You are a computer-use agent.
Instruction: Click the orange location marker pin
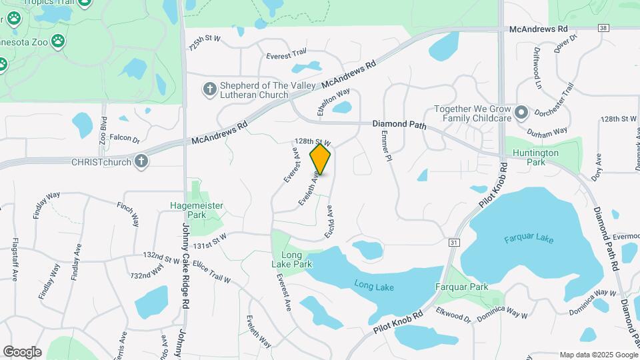pyautogui.click(x=321, y=159)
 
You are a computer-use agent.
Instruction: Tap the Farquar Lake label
pyautogui.click(x=529, y=239)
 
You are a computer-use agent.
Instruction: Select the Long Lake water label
pyautogui.click(x=375, y=287)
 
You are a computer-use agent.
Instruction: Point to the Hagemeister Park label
pyautogui.click(x=196, y=211)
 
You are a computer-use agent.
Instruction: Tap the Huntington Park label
pyautogui.click(x=536, y=157)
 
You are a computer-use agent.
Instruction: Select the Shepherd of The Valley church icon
pyautogui.click(x=209, y=89)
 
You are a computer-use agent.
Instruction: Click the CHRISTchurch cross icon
pyautogui.click(x=141, y=161)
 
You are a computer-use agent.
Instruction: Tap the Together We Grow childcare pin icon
pyautogui.click(x=521, y=113)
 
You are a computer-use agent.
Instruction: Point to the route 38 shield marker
pyautogui.click(x=603, y=29)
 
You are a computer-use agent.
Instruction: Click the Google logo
pyautogui.click(x=22, y=352)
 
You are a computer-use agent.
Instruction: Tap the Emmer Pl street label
pyautogui.click(x=385, y=145)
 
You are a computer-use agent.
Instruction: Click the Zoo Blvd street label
pyautogui.click(x=103, y=131)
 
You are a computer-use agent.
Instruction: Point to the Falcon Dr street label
pyautogui.click(x=125, y=139)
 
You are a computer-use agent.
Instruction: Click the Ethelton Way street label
pyautogui.click(x=325, y=103)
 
